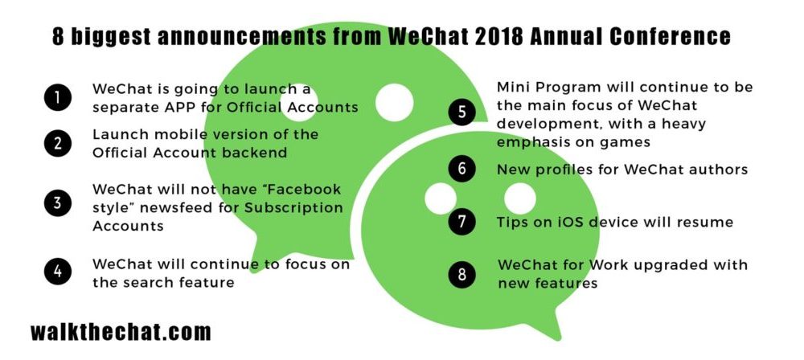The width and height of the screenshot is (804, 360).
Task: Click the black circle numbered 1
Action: (57, 97)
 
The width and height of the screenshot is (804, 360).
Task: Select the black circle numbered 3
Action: (57, 203)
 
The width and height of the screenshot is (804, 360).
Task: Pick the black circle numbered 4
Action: (57, 271)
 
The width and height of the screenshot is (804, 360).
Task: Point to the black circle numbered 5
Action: (461, 112)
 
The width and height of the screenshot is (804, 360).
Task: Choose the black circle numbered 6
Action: (461, 169)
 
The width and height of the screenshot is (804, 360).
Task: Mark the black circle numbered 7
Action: (461, 222)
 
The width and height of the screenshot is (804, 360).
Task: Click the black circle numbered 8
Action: (461, 274)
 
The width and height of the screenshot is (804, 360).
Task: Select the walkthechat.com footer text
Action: (121, 331)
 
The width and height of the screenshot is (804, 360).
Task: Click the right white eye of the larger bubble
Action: (394, 102)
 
